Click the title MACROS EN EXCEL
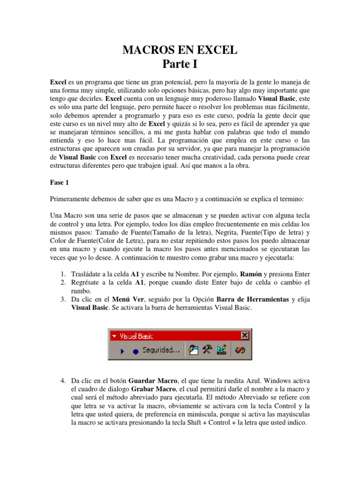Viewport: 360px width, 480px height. click(x=180, y=50)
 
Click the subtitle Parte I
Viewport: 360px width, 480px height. click(x=180, y=63)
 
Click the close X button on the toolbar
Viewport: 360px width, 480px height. click(x=244, y=336)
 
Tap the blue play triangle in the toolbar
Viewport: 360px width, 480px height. click(x=122, y=350)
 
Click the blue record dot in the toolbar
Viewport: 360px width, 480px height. click(x=135, y=351)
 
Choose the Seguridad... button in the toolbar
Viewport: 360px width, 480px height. click(x=161, y=350)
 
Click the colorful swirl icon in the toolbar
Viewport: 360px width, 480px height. click(x=240, y=349)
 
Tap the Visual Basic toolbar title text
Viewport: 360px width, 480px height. click(x=136, y=336)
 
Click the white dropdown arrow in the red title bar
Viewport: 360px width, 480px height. click(x=114, y=336)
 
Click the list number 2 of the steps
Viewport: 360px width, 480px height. click(x=63, y=282)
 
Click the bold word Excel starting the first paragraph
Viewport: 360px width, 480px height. click(x=58, y=82)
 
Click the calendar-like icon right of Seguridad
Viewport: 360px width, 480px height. click(x=193, y=349)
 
